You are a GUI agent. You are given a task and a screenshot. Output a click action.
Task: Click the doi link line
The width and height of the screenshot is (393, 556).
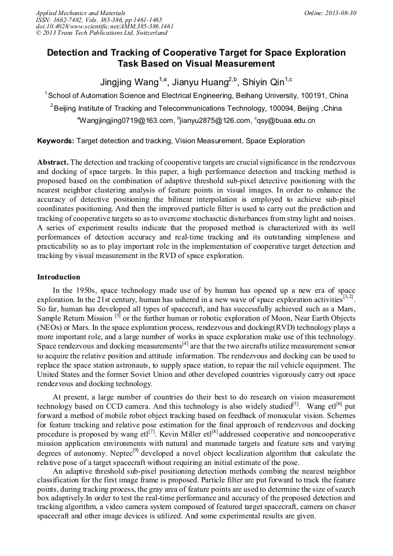[104, 26]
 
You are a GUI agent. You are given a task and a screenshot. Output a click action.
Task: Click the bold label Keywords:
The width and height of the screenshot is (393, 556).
[56, 141]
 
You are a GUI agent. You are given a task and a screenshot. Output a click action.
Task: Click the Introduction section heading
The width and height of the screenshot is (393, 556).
[59, 277]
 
